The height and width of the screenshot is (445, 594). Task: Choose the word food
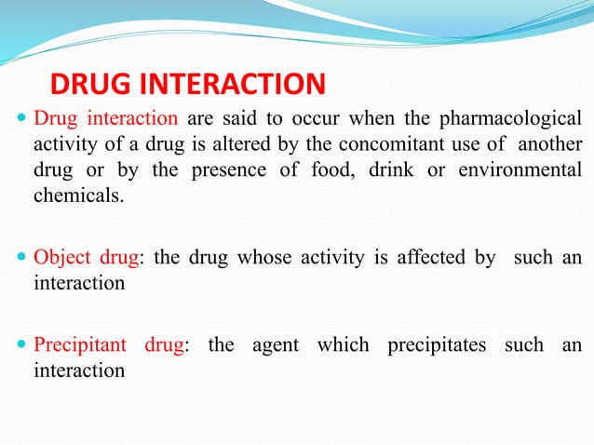[344, 171]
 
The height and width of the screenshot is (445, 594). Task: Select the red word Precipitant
[80, 345]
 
